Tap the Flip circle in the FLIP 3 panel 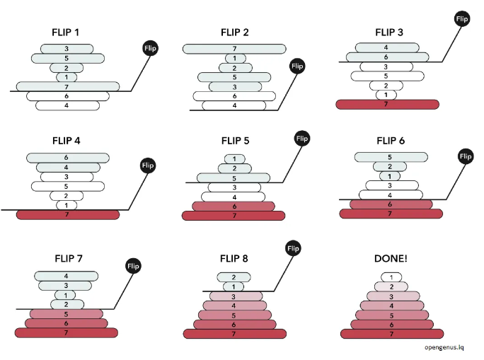pyautogui.click(x=462, y=18)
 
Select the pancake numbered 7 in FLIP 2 pyautogui.click(x=234, y=49)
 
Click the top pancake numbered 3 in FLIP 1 pyautogui.click(x=67, y=49)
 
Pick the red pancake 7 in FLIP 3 pyautogui.click(x=386, y=104)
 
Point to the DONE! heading pyautogui.click(x=391, y=258)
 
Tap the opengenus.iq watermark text pyautogui.click(x=444, y=347)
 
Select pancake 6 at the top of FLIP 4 pyautogui.click(x=67, y=158)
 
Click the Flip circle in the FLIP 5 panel pyautogui.click(x=302, y=139)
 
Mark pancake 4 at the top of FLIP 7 pyautogui.click(x=67, y=277)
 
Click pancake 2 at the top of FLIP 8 pyautogui.click(x=234, y=277)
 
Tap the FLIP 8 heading pyautogui.click(x=234, y=258)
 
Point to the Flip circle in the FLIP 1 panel pyautogui.click(x=149, y=49)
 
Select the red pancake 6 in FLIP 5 pyautogui.click(x=234, y=206)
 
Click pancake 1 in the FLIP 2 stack pyautogui.click(x=234, y=58)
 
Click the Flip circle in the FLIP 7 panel pyautogui.click(x=133, y=266)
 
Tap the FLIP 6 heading pyautogui.click(x=391, y=140)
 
